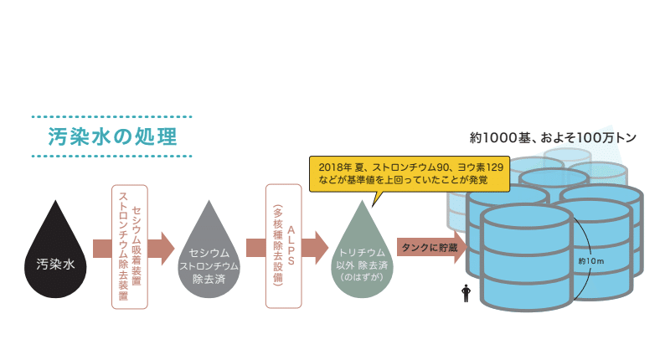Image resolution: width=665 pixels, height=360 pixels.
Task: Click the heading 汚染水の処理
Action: click(x=111, y=136)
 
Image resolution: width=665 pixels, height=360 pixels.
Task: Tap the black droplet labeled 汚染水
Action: click(x=56, y=255)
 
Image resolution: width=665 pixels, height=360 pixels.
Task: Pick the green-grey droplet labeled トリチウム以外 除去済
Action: click(x=362, y=255)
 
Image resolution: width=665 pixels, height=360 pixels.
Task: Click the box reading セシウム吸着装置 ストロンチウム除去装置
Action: click(x=130, y=247)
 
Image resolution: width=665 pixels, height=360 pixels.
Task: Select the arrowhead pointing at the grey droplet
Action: click(x=168, y=248)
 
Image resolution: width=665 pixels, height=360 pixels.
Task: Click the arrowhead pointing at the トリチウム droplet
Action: click(x=321, y=248)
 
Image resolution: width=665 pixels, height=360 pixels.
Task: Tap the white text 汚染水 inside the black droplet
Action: click(x=56, y=264)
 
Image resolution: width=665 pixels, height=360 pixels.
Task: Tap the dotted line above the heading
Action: click(x=111, y=116)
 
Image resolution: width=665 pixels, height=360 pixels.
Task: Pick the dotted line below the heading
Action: click(x=111, y=157)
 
